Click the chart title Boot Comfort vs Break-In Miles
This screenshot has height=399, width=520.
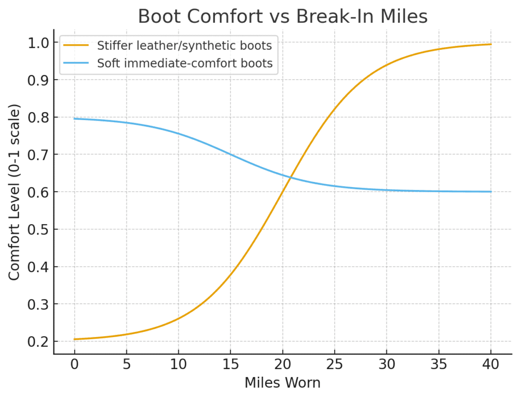[x=282, y=17]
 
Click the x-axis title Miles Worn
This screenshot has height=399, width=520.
[x=282, y=383]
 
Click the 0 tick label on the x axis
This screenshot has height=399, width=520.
[x=75, y=365]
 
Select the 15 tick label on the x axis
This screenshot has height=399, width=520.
[x=231, y=365]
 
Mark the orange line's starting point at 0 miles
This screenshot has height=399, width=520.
[x=75, y=339]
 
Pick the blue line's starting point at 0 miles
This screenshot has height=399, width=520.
[x=75, y=119]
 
